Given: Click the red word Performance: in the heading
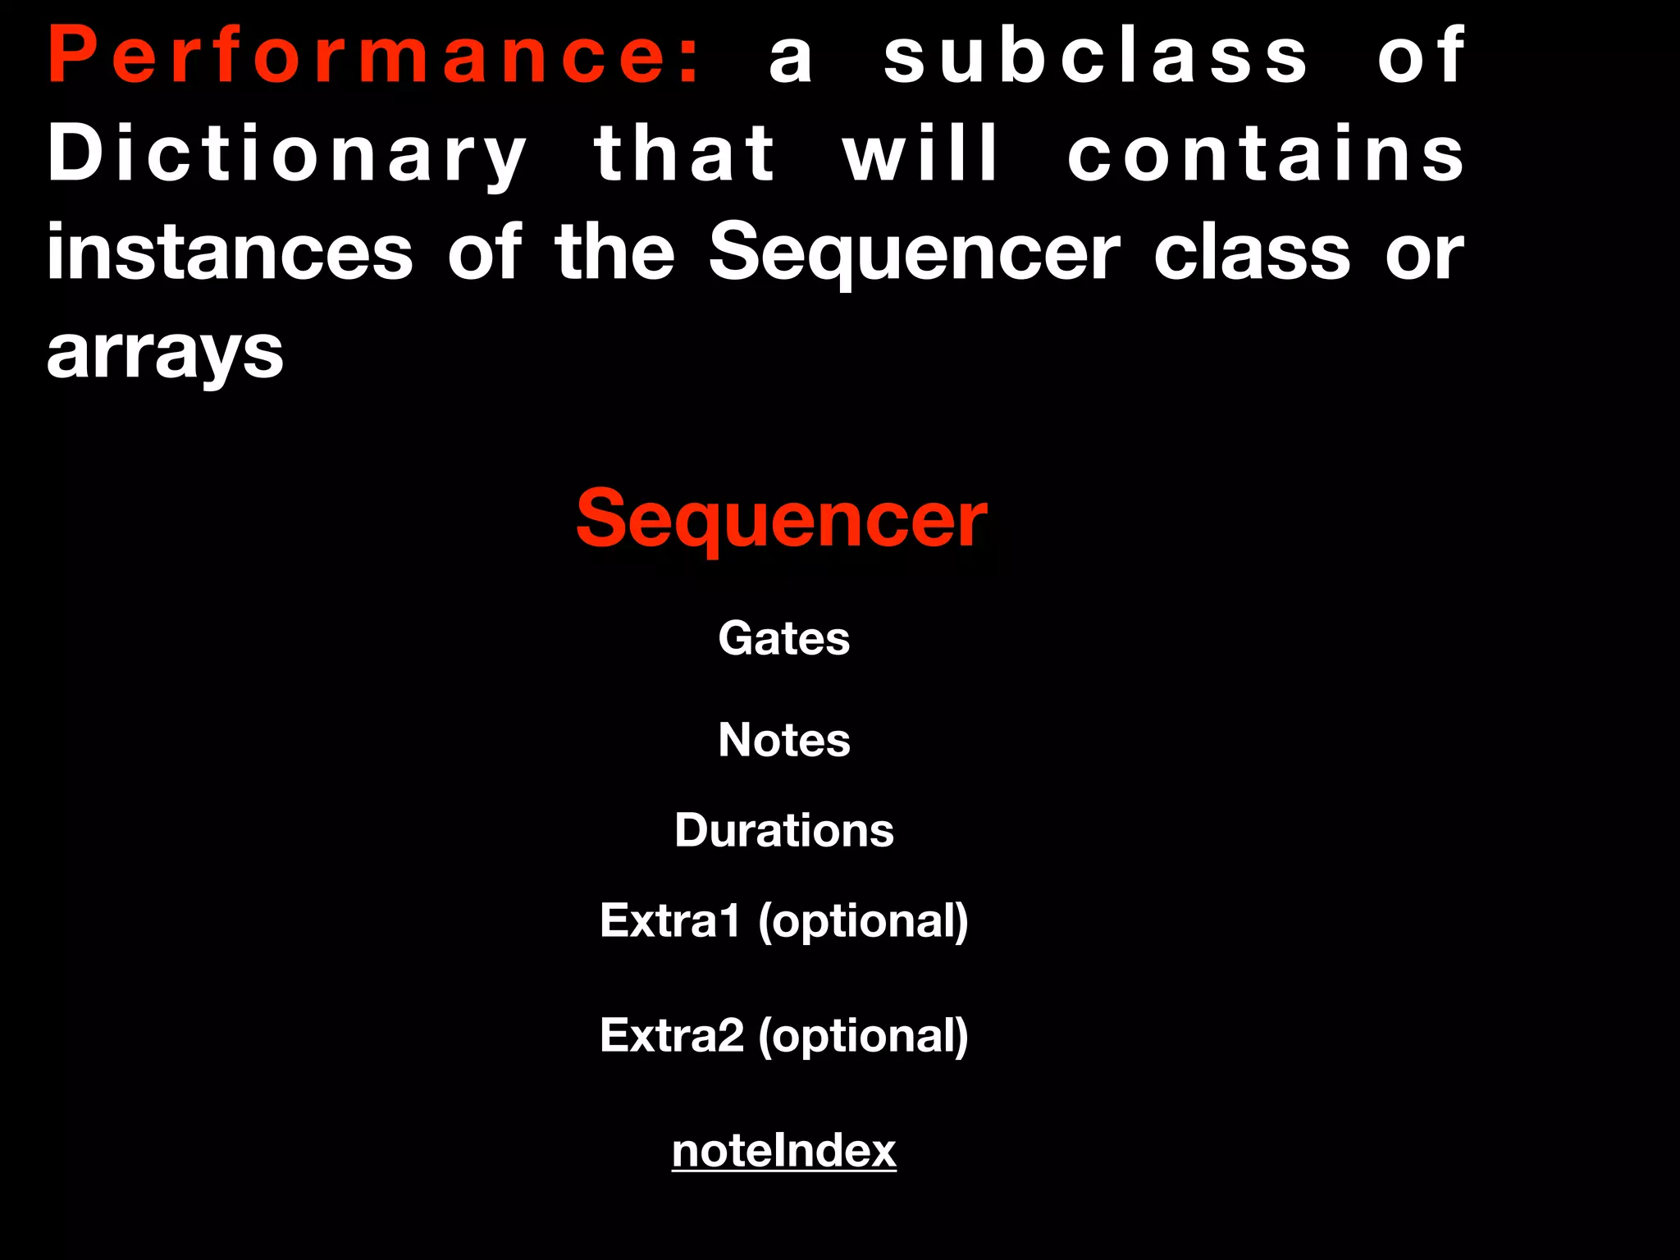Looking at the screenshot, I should click(374, 56).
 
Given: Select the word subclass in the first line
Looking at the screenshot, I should click(1095, 56).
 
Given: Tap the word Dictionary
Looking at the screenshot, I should click(287, 156).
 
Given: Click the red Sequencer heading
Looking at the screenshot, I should click(782, 519).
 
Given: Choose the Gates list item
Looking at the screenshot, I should click(783, 638).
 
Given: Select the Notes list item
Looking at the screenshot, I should click(783, 740).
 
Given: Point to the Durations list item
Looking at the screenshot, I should click(783, 830).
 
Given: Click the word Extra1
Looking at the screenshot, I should click(670, 920).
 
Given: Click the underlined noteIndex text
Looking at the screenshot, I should click(783, 1150).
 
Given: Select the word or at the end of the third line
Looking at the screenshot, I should click(1424, 254).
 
